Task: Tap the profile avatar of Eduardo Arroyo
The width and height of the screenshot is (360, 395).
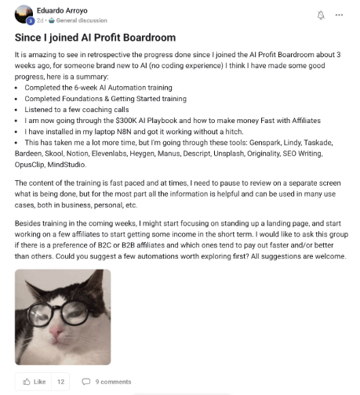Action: [24, 14]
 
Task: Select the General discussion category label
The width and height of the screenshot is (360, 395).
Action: [81, 20]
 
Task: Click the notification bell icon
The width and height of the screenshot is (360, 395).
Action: [319, 15]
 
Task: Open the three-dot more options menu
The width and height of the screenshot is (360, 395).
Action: [338, 15]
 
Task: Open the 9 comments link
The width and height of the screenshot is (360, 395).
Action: [113, 382]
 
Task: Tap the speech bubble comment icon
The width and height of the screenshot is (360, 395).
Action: [87, 382]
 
